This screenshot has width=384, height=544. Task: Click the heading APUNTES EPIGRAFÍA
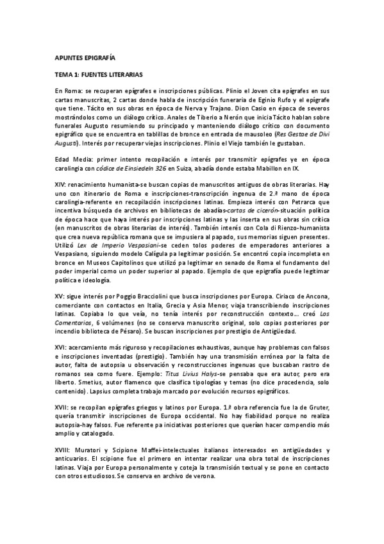click(80, 58)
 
